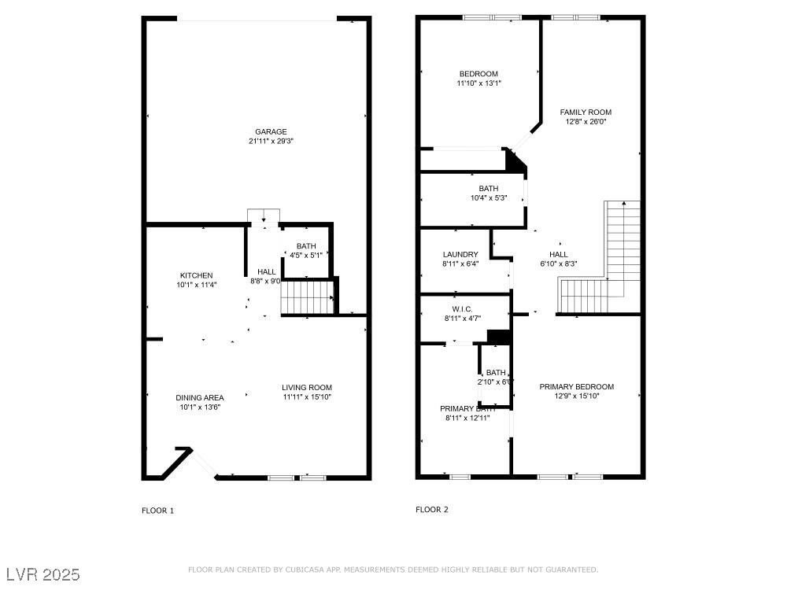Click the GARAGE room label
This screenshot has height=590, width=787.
270,131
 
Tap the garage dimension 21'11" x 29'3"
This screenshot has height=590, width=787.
270,141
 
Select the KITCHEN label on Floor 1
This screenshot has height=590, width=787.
196,275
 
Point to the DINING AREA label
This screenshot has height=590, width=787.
199,397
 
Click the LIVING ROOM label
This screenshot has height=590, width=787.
307,387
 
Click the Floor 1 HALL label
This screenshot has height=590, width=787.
266,271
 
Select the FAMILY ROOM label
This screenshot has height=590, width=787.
586,112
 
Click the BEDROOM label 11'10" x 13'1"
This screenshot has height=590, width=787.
478,74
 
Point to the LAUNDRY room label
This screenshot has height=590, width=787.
460,254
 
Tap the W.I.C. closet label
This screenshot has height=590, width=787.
462,308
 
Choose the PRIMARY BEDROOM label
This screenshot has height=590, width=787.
576,386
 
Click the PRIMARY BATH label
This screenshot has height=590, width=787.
467,408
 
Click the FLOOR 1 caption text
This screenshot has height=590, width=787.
157,511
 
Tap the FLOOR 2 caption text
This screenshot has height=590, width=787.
432,510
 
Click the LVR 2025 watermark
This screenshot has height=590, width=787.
43,574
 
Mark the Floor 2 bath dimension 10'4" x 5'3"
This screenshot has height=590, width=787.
488,197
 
